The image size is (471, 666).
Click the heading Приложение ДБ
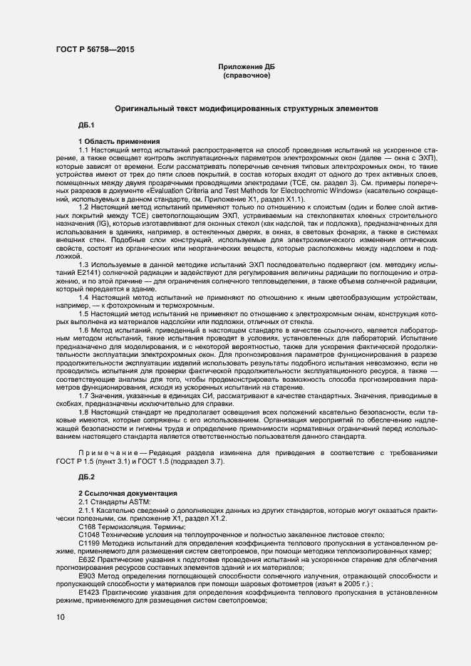(x=246, y=67)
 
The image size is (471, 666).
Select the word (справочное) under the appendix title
(x=246, y=75)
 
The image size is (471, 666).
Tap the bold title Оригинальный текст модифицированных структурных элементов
(x=247, y=109)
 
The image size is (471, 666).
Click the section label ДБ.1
(x=87, y=125)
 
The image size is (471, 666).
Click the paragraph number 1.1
(x=84, y=149)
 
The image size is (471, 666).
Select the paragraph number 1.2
(x=84, y=204)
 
